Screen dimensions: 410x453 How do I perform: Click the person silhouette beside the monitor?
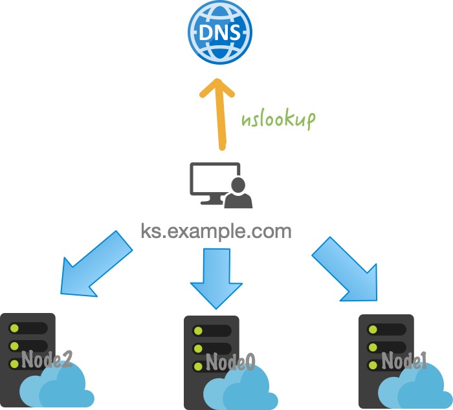(x=239, y=193)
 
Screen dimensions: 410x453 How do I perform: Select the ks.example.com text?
(x=216, y=231)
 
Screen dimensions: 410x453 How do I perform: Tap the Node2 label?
(x=45, y=360)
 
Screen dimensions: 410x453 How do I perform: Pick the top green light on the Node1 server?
(x=371, y=329)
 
